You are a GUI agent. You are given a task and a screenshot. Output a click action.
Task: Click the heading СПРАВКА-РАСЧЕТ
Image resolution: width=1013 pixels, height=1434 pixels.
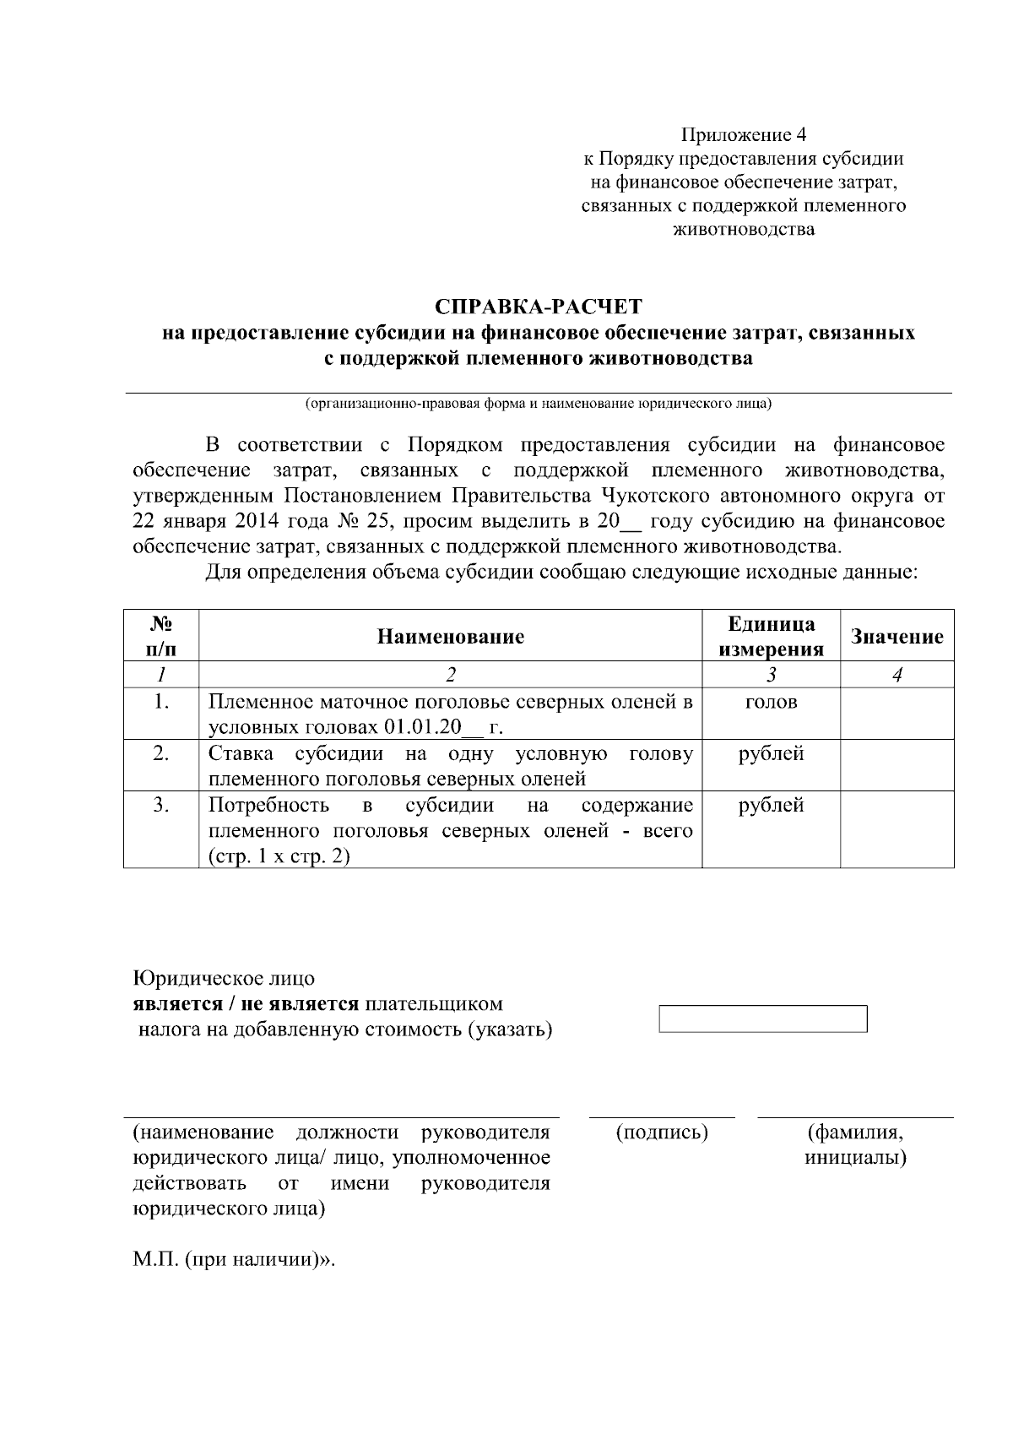coord(539,306)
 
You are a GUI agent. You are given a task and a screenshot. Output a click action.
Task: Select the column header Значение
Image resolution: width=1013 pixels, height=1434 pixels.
coord(897,637)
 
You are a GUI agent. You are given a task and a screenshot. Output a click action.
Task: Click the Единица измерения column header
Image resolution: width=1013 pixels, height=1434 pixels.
coord(771,637)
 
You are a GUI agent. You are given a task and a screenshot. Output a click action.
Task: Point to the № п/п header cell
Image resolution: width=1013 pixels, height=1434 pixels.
coord(161,637)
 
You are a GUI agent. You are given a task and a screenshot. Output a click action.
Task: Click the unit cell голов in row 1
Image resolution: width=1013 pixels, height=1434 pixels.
coord(771,703)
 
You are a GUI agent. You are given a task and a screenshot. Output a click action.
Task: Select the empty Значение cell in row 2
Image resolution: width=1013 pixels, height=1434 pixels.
coord(897,765)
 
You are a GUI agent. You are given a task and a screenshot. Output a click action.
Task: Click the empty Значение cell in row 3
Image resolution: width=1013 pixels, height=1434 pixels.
coord(897,829)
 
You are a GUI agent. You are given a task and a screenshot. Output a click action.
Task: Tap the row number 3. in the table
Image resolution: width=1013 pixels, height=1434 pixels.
coord(161,805)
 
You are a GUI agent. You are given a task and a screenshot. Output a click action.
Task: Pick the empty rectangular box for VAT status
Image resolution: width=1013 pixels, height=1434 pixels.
coord(762,1018)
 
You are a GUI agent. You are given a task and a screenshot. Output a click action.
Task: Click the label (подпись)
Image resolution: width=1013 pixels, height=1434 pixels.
coord(662,1133)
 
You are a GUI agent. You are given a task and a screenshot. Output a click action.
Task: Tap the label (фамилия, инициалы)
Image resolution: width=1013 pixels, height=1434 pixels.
coord(855,1144)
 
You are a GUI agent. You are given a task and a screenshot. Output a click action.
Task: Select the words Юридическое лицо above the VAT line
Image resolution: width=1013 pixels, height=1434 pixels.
coord(224,979)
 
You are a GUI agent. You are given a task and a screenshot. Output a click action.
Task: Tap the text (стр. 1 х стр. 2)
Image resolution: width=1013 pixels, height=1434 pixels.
coord(279,856)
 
